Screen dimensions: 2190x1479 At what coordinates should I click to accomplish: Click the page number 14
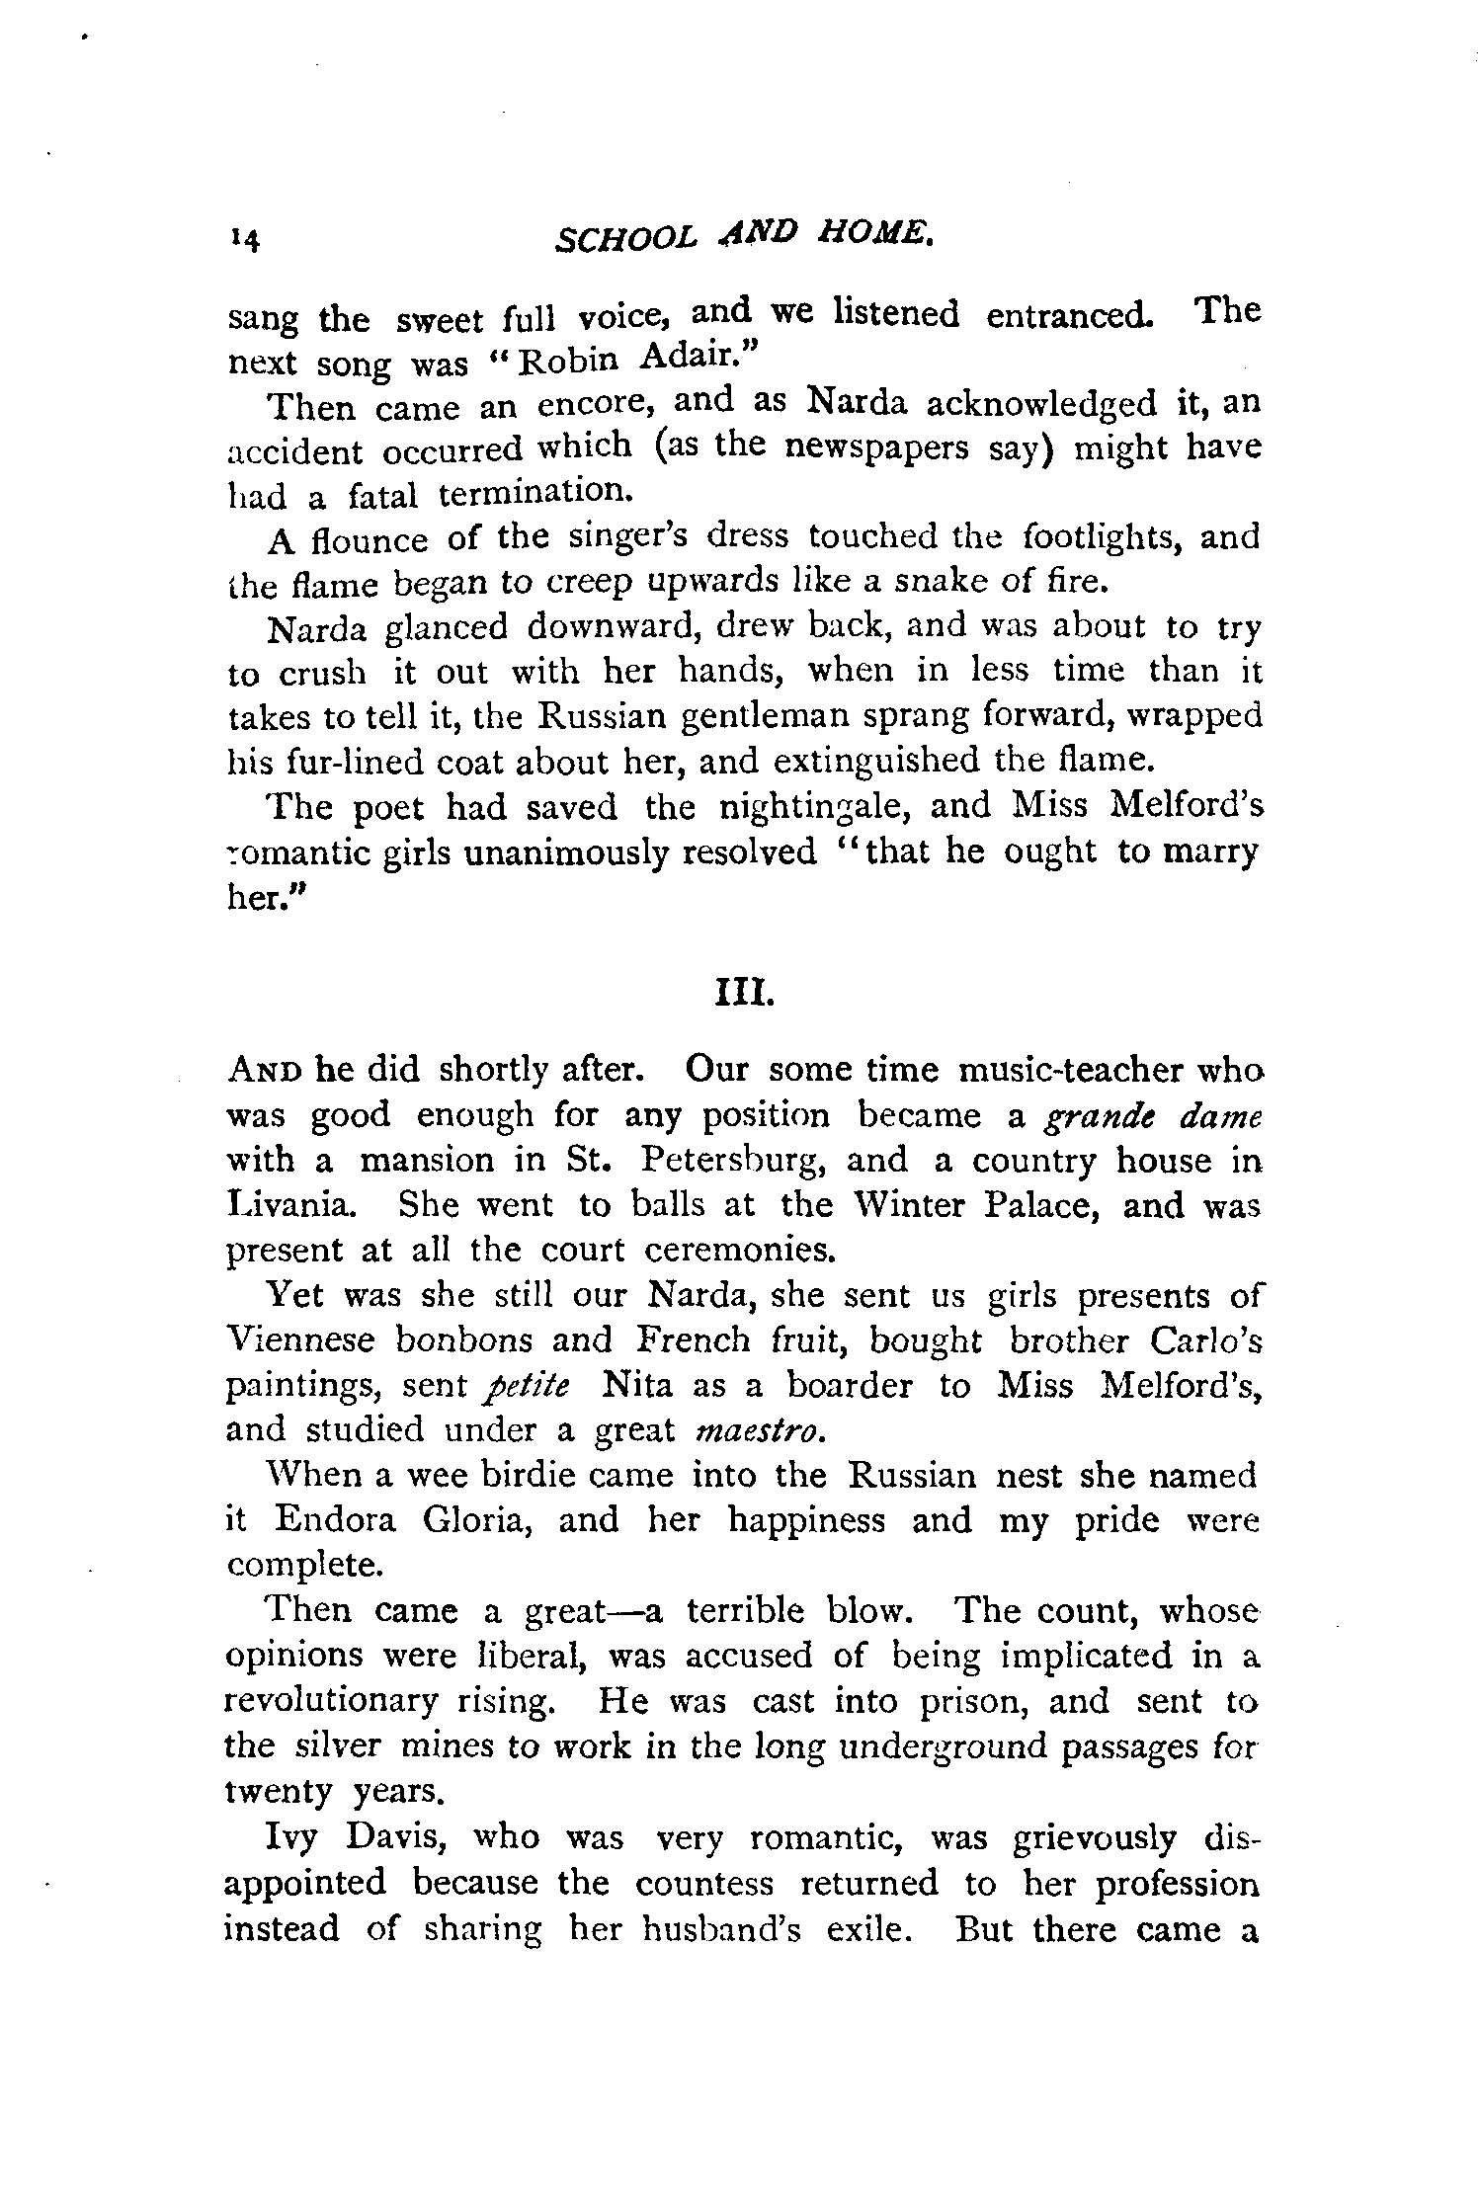click(243, 240)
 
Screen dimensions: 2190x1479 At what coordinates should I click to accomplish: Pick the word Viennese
click(300, 1340)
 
